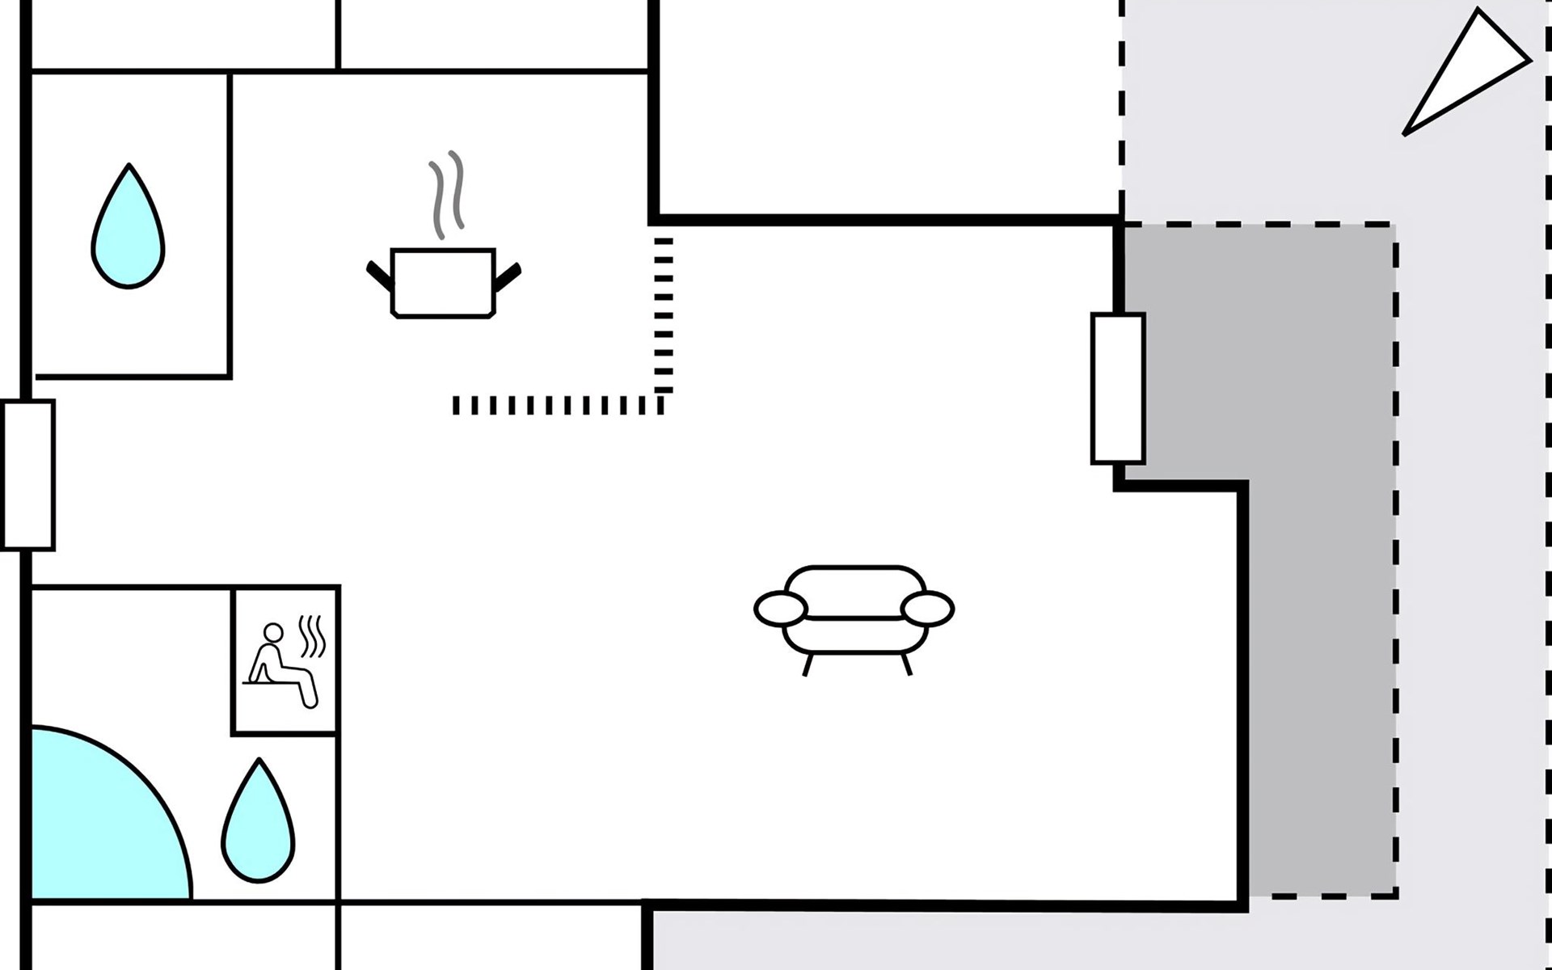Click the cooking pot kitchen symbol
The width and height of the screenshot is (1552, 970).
click(443, 283)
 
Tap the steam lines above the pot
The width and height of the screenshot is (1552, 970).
click(447, 194)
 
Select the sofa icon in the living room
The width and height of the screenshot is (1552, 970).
click(854, 610)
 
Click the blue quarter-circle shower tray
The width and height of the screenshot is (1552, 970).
click(97, 824)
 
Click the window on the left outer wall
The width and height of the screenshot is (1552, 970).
click(28, 475)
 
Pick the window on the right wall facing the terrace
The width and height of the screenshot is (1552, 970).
click(1118, 389)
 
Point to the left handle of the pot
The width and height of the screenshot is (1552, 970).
click(379, 276)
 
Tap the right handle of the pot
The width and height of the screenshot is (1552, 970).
click(508, 276)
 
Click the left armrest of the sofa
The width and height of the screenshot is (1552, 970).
click(781, 609)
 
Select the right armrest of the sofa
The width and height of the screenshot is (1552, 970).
click(927, 609)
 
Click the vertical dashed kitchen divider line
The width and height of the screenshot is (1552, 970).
click(663, 315)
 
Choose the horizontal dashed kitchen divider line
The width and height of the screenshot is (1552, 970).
click(558, 405)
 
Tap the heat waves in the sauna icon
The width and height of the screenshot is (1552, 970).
click(313, 636)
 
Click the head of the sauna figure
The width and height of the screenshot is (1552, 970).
click(273, 632)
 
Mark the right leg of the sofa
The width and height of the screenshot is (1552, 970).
click(906, 664)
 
